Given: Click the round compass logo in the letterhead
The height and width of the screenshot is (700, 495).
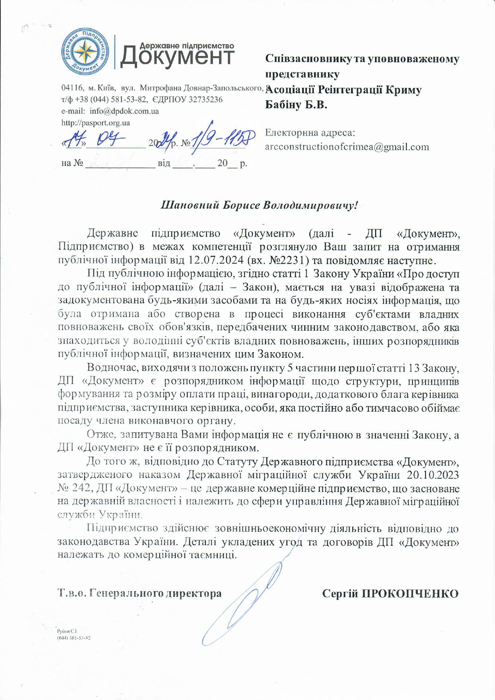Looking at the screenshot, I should pyautogui.click(x=85, y=52).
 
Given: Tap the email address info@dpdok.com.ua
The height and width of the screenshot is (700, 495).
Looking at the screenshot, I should pyautogui.click(x=124, y=111).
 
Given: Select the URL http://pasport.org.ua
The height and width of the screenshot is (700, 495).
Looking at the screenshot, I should pyautogui.click(x=96, y=123).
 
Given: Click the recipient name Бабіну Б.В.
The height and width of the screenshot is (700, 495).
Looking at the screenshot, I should pyautogui.click(x=296, y=105).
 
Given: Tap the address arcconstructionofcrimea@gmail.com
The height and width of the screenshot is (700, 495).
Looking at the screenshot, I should pyautogui.click(x=347, y=147).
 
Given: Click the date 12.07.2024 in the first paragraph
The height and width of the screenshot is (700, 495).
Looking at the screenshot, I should pyautogui.click(x=216, y=261).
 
